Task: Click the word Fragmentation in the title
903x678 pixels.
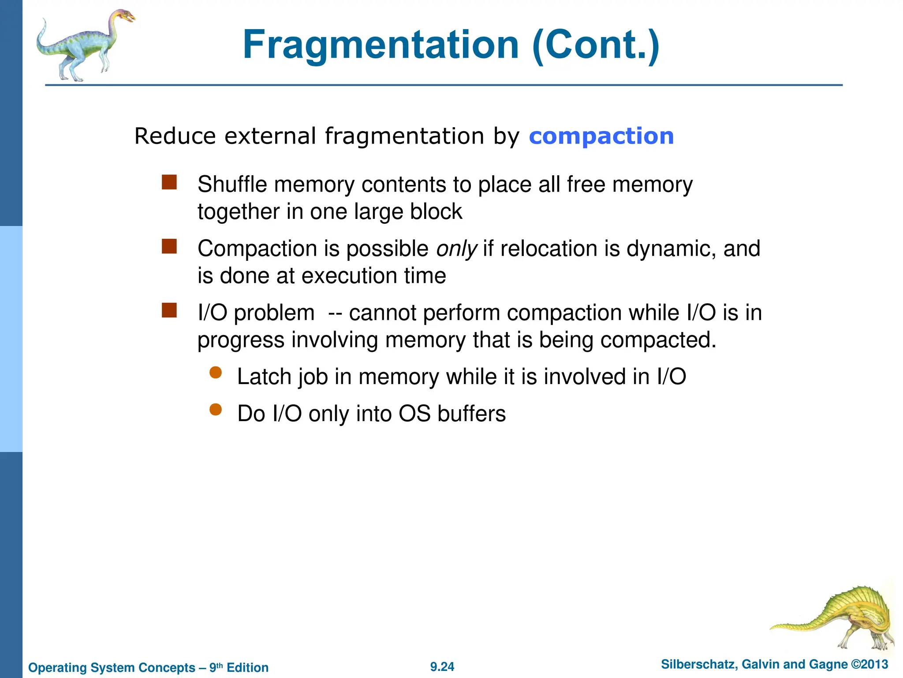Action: (x=381, y=45)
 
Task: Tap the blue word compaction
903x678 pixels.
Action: (x=601, y=136)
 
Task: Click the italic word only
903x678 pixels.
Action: (x=456, y=249)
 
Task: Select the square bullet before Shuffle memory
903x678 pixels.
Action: (x=169, y=182)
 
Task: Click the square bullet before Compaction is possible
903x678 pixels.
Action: (x=169, y=246)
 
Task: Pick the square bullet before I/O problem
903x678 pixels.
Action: (x=169, y=310)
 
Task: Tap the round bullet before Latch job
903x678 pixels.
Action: (x=216, y=373)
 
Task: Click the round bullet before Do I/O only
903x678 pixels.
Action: (x=216, y=410)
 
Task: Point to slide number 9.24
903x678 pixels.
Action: (x=442, y=667)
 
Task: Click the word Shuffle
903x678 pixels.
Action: (x=232, y=185)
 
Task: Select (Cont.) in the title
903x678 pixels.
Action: (x=596, y=45)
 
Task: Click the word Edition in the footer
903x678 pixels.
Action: (x=247, y=667)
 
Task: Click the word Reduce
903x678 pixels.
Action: (x=175, y=136)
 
